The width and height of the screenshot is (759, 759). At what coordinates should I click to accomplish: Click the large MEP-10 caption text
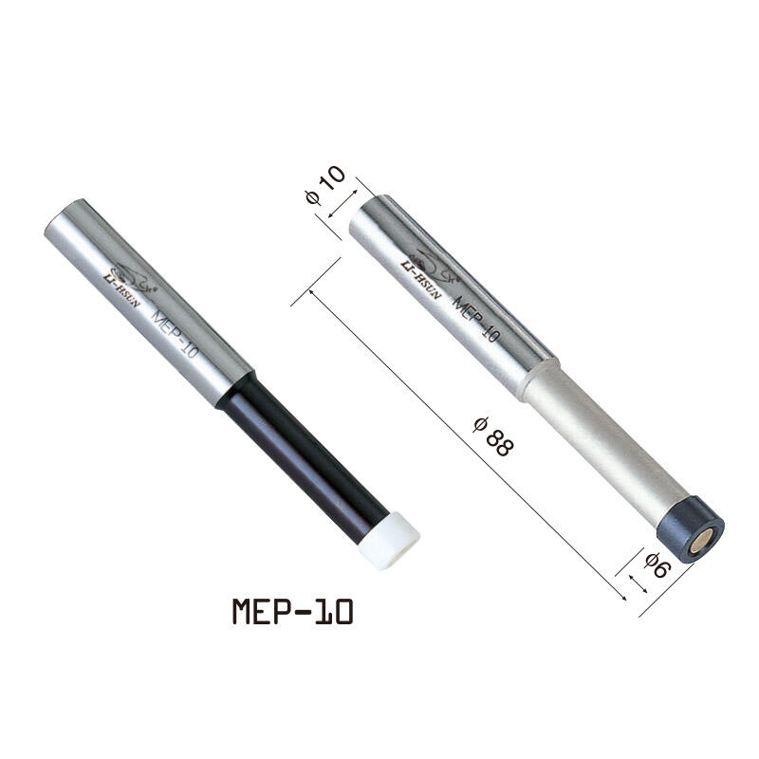(x=292, y=611)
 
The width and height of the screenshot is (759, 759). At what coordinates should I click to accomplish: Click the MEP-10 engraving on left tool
(x=175, y=338)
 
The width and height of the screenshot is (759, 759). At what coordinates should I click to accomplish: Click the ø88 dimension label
(x=492, y=437)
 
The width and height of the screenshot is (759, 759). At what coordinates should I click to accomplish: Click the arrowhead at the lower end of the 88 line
(x=621, y=595)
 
